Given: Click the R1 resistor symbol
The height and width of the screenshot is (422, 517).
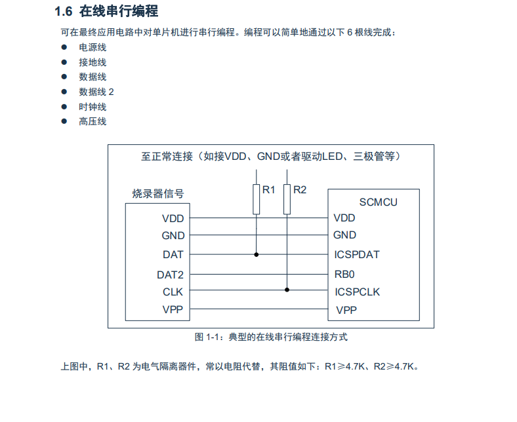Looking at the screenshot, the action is click(256, 199).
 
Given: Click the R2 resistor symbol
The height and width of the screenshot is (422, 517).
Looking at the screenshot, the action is click(287, 199).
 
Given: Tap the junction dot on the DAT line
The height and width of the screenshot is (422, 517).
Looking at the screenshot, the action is click(256, 254).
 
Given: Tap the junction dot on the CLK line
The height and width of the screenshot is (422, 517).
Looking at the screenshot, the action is click(287, 290).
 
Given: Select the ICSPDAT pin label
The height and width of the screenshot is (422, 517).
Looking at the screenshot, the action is click(356, 254).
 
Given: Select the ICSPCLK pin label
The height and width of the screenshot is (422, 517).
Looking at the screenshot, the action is click(357, 292).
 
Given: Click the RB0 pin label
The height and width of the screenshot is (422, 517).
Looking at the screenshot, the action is click(344, 274).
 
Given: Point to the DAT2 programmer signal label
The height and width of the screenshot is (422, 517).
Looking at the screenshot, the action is click(171, 275).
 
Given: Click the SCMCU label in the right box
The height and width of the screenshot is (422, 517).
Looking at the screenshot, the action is click(378, 202).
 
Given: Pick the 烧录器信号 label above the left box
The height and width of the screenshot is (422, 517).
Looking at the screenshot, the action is click(157, 193).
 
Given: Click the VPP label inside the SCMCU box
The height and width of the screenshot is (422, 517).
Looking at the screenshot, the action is click(346, 310).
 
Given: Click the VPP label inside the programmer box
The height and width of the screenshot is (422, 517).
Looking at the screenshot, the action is click(173, 309).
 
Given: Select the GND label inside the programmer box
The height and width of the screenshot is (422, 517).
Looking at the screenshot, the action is click(173, 236).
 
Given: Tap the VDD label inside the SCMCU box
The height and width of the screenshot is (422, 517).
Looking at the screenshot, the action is click(344, 218).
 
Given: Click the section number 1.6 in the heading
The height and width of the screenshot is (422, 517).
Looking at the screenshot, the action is click(63, 12).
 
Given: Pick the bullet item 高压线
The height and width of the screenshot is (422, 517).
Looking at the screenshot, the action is click(93, 121).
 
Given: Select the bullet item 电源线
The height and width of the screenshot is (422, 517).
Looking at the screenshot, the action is click(93, 47).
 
